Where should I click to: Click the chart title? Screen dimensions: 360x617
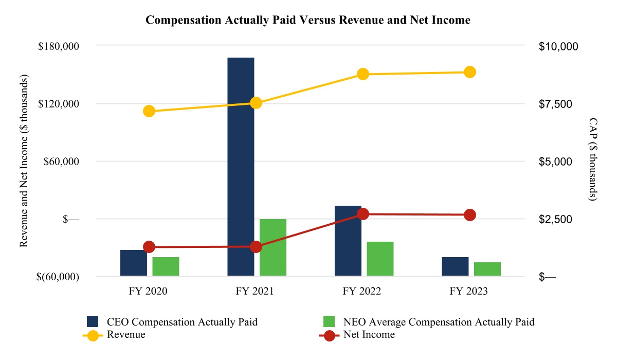click(308, 20)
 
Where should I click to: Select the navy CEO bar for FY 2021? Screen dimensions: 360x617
click(241, 167)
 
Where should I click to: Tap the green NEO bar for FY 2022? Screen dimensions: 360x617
click(380, 259)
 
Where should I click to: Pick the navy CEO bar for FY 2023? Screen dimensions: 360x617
click(455, 266)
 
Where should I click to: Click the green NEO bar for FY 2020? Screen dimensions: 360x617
click(166, 266)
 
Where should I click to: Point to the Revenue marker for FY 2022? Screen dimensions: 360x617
click(363, 74)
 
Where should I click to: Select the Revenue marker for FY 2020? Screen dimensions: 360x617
click(149, 111)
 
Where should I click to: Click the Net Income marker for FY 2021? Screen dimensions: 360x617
click(256, 247)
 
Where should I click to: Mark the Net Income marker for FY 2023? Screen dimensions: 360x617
click(470, 215)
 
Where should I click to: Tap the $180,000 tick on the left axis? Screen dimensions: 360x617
click(58, 46)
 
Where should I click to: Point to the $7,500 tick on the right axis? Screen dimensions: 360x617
click(558, 104)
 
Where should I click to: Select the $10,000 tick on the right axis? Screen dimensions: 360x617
click(558, 46)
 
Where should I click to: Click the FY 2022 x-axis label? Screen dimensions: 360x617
click(362, 292)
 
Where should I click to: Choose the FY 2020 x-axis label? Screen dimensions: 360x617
click(149, 292)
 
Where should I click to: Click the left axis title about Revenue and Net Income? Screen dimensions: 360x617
click(24, 160)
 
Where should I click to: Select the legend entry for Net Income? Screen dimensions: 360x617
click(369, 335)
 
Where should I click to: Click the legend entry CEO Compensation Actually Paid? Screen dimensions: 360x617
click(182, 322)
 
